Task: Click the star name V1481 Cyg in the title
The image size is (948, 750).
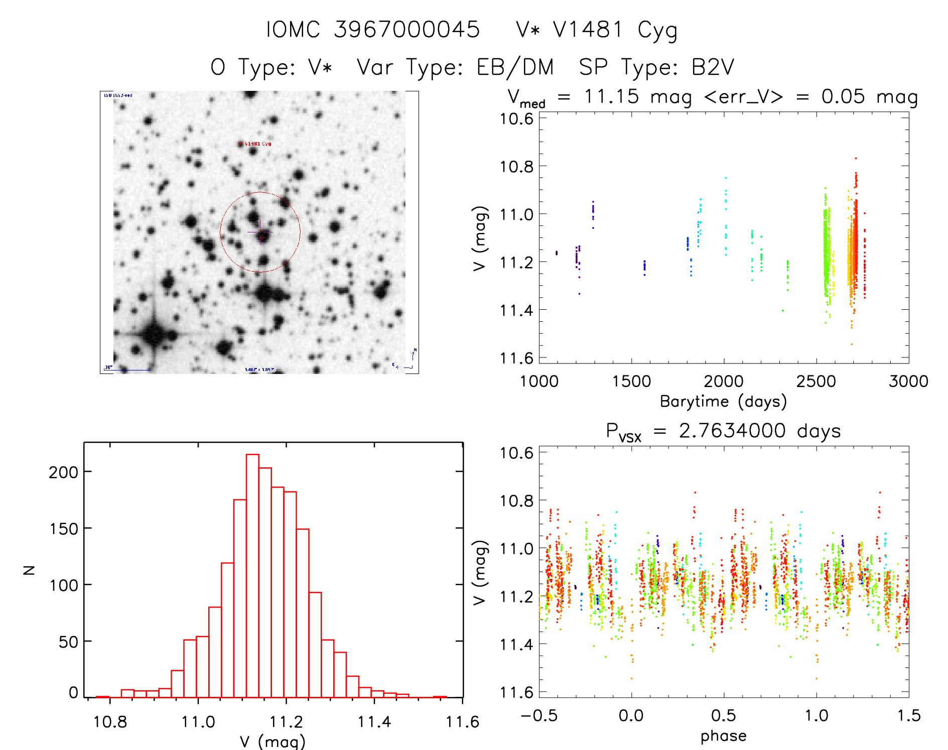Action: point(615,30)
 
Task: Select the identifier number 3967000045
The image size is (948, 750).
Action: point(407,30)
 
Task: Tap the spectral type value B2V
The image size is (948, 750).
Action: point(713,67)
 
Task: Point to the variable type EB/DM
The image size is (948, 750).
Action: point(515,67)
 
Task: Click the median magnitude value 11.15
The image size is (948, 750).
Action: point(611,96)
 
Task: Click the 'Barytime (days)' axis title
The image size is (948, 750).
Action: point(723,402)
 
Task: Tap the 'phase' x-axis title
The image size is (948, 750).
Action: point(723,736)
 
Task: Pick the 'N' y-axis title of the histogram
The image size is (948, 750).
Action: point(30,570)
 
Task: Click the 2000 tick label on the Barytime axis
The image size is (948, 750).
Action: point(723,382)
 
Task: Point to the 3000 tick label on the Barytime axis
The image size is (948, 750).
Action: point(908,382)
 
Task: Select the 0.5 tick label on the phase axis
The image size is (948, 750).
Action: point(723,716)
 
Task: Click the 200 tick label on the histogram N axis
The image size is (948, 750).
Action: point(64,472)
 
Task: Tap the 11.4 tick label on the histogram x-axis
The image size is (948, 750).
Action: point(374,722)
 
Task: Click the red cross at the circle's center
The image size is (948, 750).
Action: point(261,236)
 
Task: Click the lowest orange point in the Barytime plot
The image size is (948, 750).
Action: point(851,344)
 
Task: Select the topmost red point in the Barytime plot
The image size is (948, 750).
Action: point(856,158)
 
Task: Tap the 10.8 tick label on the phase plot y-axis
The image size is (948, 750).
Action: point(516,501)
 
